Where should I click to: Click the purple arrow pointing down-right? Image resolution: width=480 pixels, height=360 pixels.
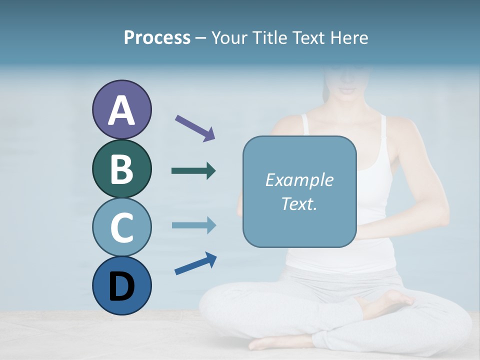(195, 127)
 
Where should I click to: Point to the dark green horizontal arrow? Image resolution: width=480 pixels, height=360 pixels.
(193, 171)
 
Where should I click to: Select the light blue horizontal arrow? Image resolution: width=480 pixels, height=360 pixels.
(193, 225)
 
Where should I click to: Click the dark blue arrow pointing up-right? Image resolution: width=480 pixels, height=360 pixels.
(195, 263)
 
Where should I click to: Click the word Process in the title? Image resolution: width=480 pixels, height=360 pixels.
(157, 38)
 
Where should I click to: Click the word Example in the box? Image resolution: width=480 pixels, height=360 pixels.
(299, 180)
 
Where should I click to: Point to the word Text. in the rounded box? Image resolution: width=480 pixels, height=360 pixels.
(299, 203)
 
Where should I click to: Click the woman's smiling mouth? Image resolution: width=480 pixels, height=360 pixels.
(346, 91)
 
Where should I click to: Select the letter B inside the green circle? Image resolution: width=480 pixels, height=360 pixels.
(121, 169)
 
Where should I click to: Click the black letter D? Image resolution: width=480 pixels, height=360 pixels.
(121, 287)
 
